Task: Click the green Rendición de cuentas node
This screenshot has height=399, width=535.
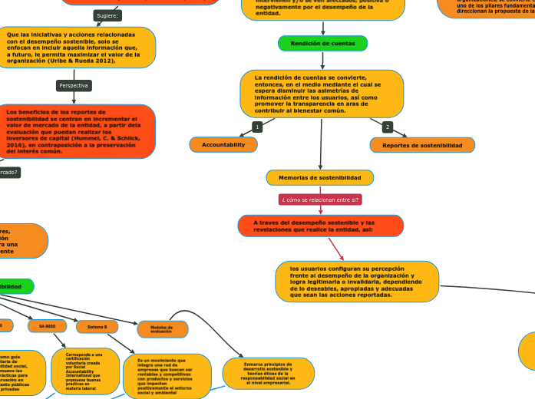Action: (322, 44)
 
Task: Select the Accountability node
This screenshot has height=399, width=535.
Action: (223, 144)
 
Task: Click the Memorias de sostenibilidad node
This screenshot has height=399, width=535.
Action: (319, 177)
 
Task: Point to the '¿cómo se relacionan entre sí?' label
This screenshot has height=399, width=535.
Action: (321, 199)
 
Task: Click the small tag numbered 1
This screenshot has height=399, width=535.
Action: (257, 126)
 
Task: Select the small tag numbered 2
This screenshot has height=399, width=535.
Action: (388, 127)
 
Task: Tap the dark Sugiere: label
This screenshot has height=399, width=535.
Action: (107, 15)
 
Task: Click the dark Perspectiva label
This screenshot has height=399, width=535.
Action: (74, 85)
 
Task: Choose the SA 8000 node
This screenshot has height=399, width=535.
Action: (47, 326)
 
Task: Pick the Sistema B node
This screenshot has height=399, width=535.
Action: (97, 327)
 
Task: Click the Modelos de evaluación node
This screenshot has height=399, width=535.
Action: (162, 329)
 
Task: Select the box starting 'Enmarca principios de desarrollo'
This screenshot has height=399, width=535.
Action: (268, 373)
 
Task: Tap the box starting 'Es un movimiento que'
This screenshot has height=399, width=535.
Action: (167, 376)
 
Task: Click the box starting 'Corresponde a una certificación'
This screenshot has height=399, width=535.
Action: (84, 371)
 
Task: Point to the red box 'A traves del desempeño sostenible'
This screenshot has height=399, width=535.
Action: (320, 226)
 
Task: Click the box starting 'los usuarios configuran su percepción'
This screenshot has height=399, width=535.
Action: (357, 282)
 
